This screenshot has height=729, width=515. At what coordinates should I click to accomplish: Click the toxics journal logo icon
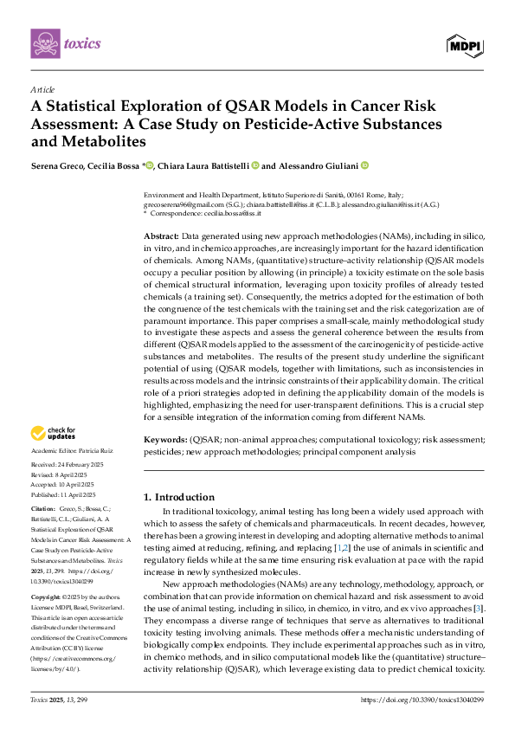[x=45, y=43]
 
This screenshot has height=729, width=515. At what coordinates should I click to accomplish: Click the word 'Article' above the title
[x=42, y=88]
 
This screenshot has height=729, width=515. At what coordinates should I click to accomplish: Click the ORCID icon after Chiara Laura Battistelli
[x=255, y=165]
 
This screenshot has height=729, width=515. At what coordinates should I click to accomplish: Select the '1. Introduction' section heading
[x=178, y=497]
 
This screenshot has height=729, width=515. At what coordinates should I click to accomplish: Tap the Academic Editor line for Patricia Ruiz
[x=73, y=452]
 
